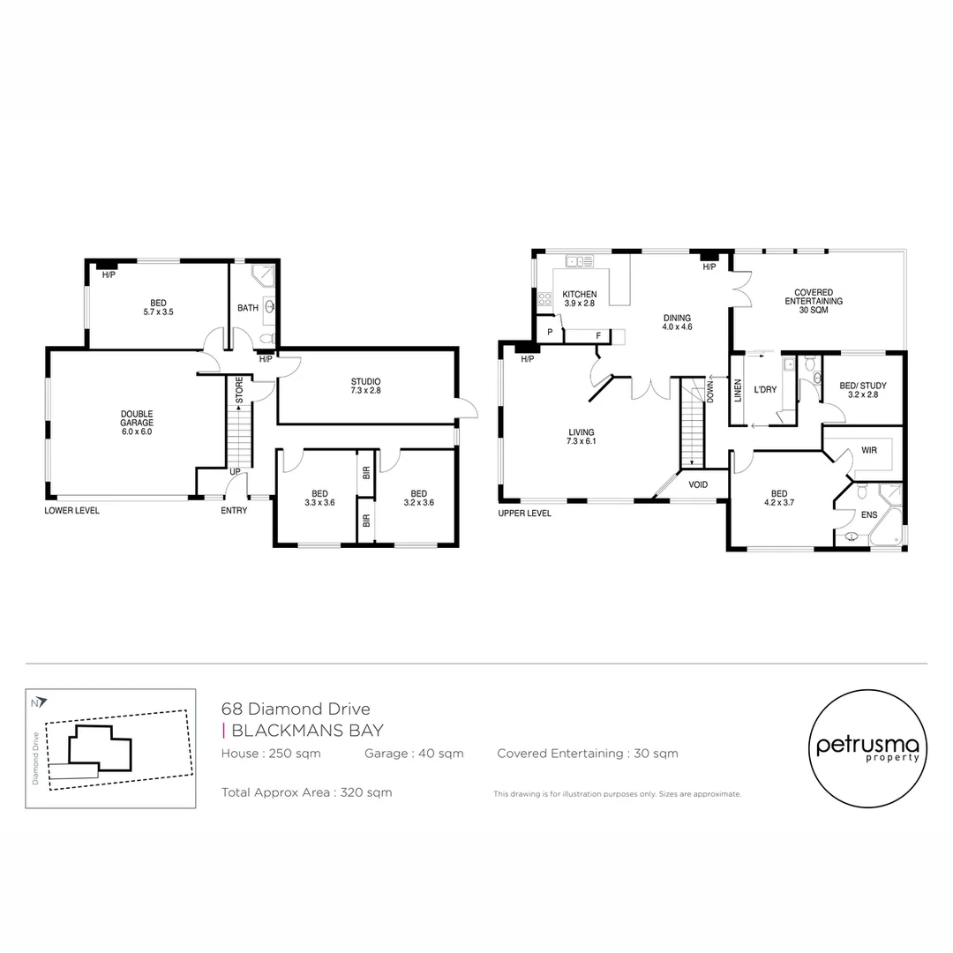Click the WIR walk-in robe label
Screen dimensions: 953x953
[868, 450]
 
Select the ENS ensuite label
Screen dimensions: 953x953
[869, 513]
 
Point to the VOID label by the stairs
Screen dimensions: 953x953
[698, 484]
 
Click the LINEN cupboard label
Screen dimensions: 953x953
[738, 390]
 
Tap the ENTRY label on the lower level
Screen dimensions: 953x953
[234, 510]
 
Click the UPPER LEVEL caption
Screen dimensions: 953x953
[524, 513]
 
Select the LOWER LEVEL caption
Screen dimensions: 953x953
[71, 510]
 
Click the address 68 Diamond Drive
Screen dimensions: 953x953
[296, 709]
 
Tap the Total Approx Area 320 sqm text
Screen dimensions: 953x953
[306, 792]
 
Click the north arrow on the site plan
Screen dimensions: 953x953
[36, 703]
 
